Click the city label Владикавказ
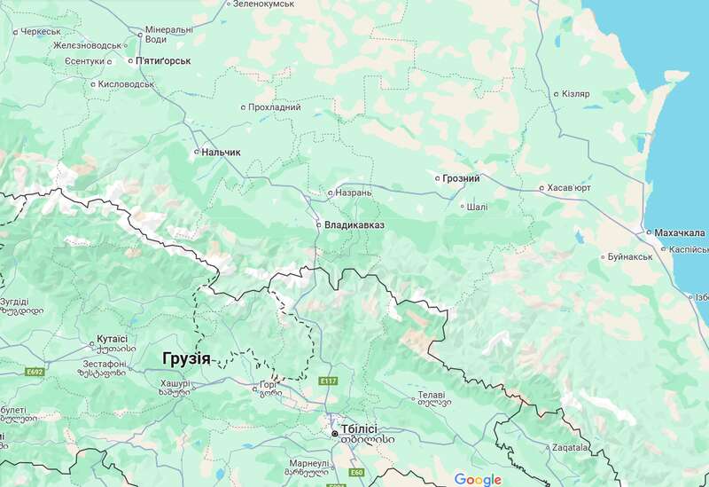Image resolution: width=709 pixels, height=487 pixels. click(x=354, y=225)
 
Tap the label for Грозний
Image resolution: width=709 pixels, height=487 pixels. click(x=462, y=178)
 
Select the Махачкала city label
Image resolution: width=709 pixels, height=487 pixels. click(x=681, y=232)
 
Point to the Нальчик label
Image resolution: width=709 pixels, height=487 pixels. click(x=221, y=153)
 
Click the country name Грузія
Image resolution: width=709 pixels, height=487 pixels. click(x=187, y=358)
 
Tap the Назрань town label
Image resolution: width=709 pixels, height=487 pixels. click(x=353, y=192)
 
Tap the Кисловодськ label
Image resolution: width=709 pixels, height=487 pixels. click(x=127, y=84)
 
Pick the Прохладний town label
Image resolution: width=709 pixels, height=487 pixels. click(x=276, y=107)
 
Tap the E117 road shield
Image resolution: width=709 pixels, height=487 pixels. click(x=329, y=380)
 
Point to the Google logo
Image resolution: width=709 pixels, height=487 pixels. click(x=478, y=479)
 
